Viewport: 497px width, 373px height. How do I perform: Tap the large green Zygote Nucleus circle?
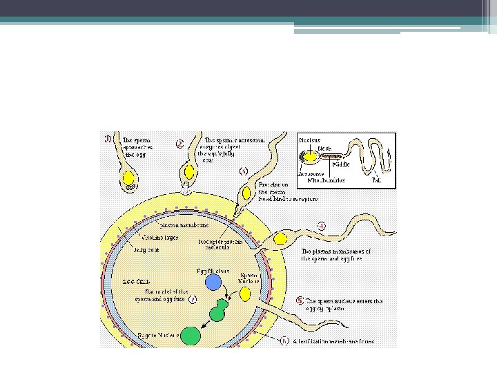click(192, 335)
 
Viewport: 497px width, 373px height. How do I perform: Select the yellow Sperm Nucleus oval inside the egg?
click(246, 295)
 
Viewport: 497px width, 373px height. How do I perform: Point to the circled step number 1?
click(106, 137)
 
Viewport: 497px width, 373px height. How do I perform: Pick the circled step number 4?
click(322, 226)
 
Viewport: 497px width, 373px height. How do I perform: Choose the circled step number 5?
click(299, 301)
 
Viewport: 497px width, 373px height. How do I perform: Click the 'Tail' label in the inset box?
click(377, 180)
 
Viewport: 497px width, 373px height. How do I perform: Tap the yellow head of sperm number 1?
click(129, 178)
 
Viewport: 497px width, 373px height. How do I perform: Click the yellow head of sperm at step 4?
click(280, 239)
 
